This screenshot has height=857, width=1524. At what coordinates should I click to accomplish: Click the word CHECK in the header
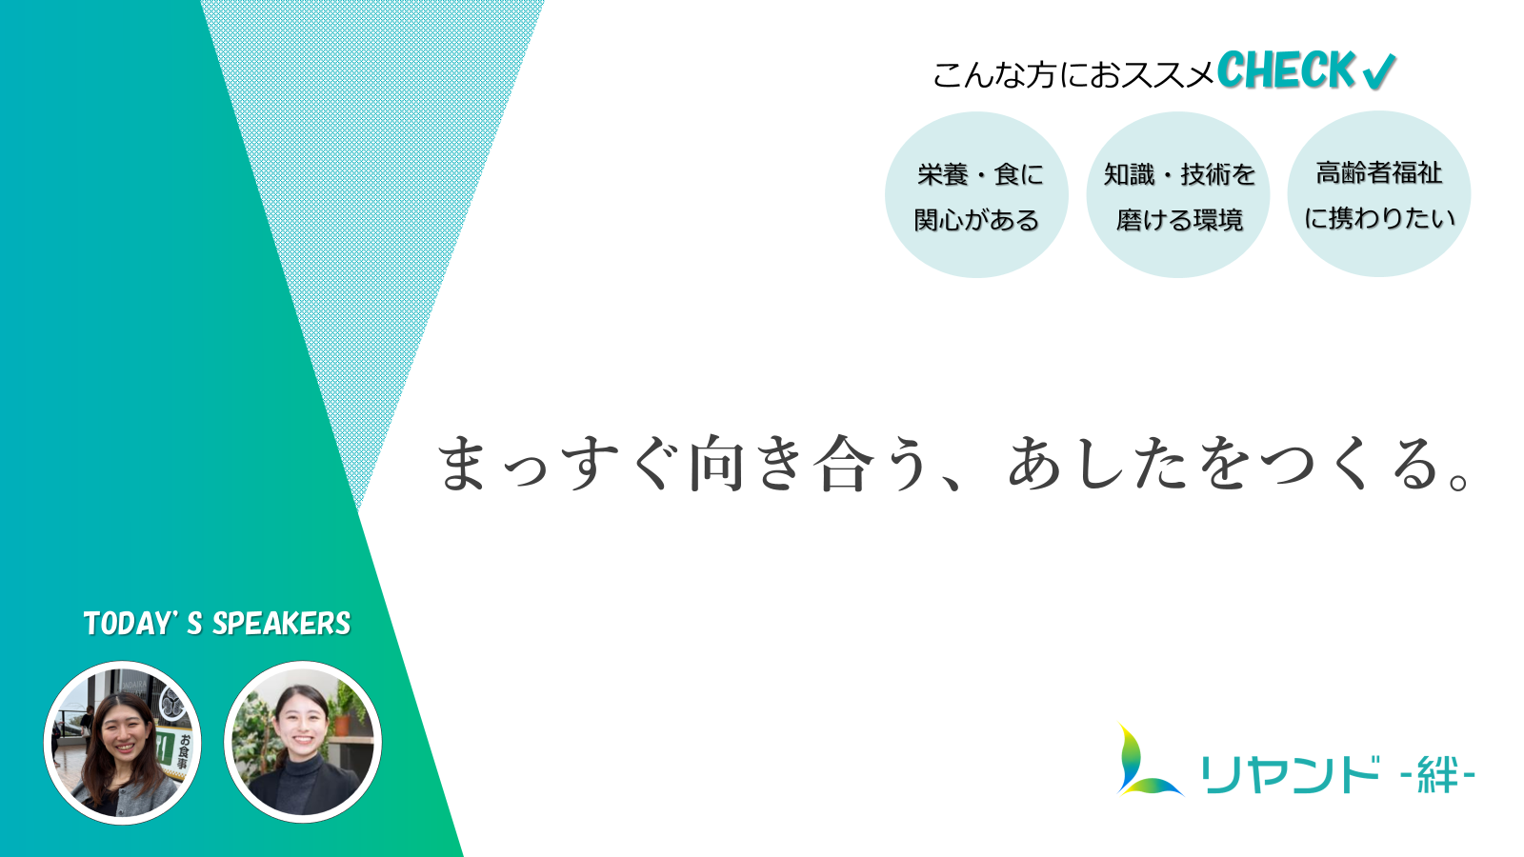pyautogui.click(x=1286, y=70)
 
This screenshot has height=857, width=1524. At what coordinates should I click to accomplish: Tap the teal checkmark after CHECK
pyautogui.click(x=1378, y=71)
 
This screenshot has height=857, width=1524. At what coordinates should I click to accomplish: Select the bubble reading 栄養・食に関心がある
pyautogui.click(x=976, y=195)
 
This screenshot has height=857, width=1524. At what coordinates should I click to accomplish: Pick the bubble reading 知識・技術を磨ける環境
pyautogui.click(x=1178, y=195)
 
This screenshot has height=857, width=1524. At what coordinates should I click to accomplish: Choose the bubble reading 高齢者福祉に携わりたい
pyautogui.click(x=1378, y=194)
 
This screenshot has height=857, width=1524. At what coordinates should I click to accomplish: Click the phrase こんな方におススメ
pyautogui.click(x=1073, y=74)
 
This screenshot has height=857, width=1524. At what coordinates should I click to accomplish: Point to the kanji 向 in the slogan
pyautogui.click(x=716, y=464)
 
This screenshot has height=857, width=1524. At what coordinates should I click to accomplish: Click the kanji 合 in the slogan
pyautogui.click(x=843, y=464)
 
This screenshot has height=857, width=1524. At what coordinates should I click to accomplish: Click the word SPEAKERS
pyautogui.click(x=282, y=624)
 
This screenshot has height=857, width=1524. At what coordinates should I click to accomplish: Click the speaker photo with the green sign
pyautogui.click(x=122, y=743)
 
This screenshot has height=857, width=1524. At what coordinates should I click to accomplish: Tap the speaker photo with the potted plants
pyautogui.click(x=303, y=743)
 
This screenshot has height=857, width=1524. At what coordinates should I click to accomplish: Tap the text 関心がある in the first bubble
pyautogui.click(x=976, y=220)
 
